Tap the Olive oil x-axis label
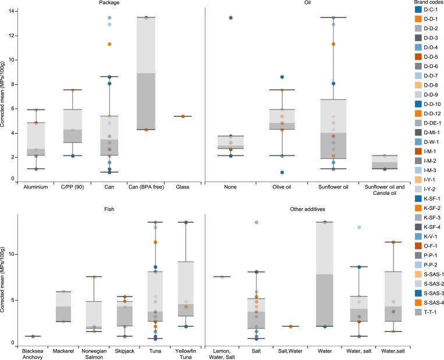coord(282,187)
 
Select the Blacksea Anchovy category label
coord(35,354)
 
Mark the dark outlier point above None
coord(231,18)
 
